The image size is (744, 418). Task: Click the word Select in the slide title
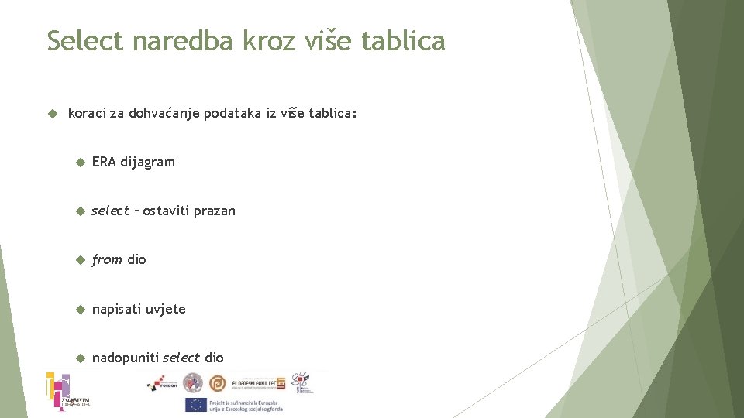pos(85,40)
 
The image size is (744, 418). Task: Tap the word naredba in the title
pos(183,40)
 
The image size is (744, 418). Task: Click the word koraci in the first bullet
pos(86,113)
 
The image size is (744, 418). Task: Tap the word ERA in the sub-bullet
pos(104,162)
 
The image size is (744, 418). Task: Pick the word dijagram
pos(148,162)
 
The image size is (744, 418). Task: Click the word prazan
pos(214,211)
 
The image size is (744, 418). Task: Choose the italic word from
pos(107,259)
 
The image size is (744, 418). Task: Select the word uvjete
pos(166,309)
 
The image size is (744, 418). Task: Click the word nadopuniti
pos(126,358)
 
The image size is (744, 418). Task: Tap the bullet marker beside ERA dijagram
pos(79,163)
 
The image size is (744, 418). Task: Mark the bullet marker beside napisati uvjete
pos(79,309)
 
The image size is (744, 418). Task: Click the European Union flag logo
pos(195,405)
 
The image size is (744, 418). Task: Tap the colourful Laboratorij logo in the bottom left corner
pos(60,391)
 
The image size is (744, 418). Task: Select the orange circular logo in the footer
pos(218,382)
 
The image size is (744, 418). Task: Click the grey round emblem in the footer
pos(193,382)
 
